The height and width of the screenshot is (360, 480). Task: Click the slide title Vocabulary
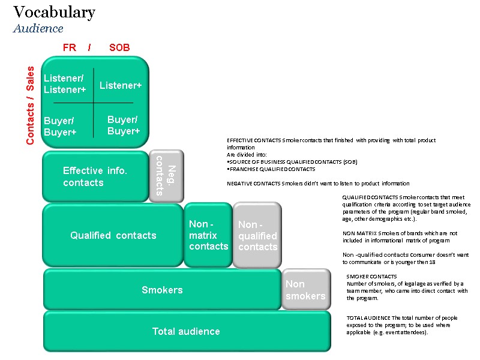[54, 12]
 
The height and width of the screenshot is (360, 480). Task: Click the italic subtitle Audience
[38, 28]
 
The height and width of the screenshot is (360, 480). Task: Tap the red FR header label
[70, 47]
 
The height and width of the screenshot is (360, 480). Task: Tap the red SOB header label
[119, 47]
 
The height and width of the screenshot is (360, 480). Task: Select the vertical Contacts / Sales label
[31, 106]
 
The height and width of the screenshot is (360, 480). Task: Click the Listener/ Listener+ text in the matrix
[65, 84]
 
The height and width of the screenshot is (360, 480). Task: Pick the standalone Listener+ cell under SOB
[121, 86]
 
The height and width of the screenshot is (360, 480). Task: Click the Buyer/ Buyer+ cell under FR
[60, 127]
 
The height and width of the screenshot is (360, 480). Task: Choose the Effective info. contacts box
[95, 176]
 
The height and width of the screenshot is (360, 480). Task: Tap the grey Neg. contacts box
[166, 176]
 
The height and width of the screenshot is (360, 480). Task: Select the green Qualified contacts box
[113, 235]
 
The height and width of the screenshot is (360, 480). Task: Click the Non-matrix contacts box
[208, 235]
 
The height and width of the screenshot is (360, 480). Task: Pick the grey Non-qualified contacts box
[257, 236]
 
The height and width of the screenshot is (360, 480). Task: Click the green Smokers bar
[162, 290]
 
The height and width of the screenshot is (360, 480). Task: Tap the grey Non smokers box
[305, 290]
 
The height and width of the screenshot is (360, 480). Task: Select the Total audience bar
[186, 331]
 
